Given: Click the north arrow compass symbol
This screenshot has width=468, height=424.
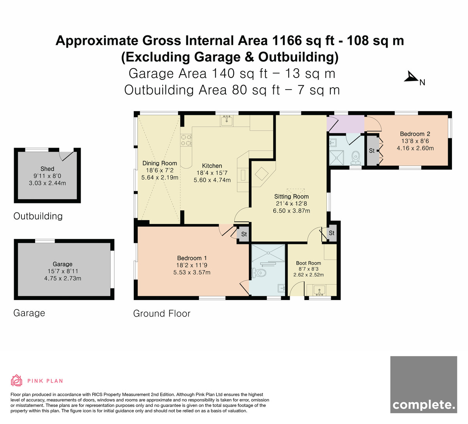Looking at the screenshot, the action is coord(411,77).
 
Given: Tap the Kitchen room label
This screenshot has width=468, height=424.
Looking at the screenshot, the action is coord(212,166).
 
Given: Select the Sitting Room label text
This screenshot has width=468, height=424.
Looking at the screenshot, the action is coord(291,196).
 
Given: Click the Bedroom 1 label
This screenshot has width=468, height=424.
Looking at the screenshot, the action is coord(192,258).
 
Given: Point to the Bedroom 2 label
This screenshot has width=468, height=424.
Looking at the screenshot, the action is coord(415,134).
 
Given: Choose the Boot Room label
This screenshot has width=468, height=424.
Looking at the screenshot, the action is coord(308,263).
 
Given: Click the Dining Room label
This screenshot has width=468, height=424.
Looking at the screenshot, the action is coord(160,163).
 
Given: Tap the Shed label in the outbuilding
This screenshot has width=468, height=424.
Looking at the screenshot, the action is coord(47,169).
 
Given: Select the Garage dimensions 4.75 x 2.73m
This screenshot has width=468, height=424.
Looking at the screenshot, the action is coord(63,278).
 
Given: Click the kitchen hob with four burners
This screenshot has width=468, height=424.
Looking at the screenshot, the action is coord(186,140).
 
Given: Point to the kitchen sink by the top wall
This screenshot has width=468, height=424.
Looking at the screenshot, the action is coord(227,120).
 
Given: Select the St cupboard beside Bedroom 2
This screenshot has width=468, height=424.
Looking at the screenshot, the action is coord(372,151).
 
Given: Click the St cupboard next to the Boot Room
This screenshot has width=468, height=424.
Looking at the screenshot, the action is coord(331,233).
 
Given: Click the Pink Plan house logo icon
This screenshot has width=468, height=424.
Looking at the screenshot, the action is coord(16,380).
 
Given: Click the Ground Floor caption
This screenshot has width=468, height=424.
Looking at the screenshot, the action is coord(162,314).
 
